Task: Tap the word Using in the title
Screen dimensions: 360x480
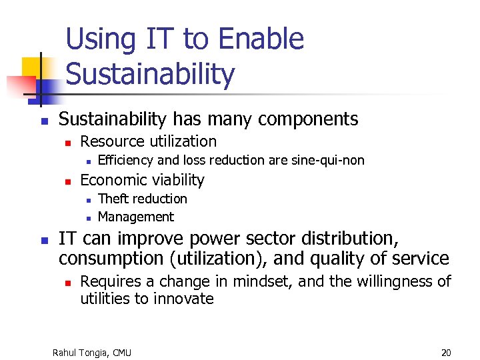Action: tap(97, 40)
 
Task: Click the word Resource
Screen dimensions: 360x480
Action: tap(111, 141)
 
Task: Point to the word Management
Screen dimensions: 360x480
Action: tap(135, 217)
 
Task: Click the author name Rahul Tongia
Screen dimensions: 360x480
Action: tap(81, 352)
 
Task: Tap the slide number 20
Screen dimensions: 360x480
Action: tap(446, 352)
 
